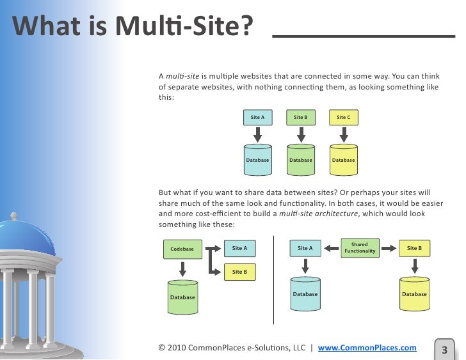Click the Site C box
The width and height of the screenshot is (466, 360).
point(344,118)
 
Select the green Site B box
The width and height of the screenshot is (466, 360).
point(301,118)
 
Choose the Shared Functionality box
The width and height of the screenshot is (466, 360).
point(360,248)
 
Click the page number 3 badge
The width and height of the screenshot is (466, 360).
point(444,349)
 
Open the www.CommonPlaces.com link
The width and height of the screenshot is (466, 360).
point(367,348)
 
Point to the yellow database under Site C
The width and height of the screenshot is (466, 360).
point(344,160)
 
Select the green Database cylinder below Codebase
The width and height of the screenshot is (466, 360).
point(182,297)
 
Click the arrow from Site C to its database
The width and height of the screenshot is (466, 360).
point(344,134)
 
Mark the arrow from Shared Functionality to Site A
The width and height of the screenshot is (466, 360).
point(330,248)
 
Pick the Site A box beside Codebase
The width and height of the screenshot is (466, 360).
point(239,247)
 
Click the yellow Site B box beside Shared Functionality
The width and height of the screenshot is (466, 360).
point(414,248)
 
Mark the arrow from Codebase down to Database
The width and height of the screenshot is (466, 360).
point(182,269)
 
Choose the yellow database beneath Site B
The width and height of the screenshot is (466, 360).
point(414,293)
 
